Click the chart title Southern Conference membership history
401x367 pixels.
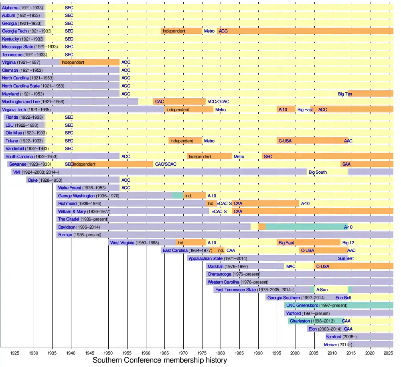click(160, 360)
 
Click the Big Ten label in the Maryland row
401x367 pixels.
click(345, 94)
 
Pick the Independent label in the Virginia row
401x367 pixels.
click(73, 63)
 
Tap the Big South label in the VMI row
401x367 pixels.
click(318, 172)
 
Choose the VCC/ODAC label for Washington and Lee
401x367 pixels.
click(218, 102)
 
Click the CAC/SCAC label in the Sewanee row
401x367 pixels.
click(166, 164)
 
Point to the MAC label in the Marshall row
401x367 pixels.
click(291, 266)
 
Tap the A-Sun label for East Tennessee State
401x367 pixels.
click(322, 290)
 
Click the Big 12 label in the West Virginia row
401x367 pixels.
click(348, 243)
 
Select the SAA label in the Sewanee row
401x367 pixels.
click(346, 164)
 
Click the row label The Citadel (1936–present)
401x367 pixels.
click(80, 219)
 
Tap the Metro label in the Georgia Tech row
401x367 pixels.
click(209, 31)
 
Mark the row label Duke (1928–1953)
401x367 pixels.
click(45, 180)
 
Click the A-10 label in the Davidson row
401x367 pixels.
click(348, 227)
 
